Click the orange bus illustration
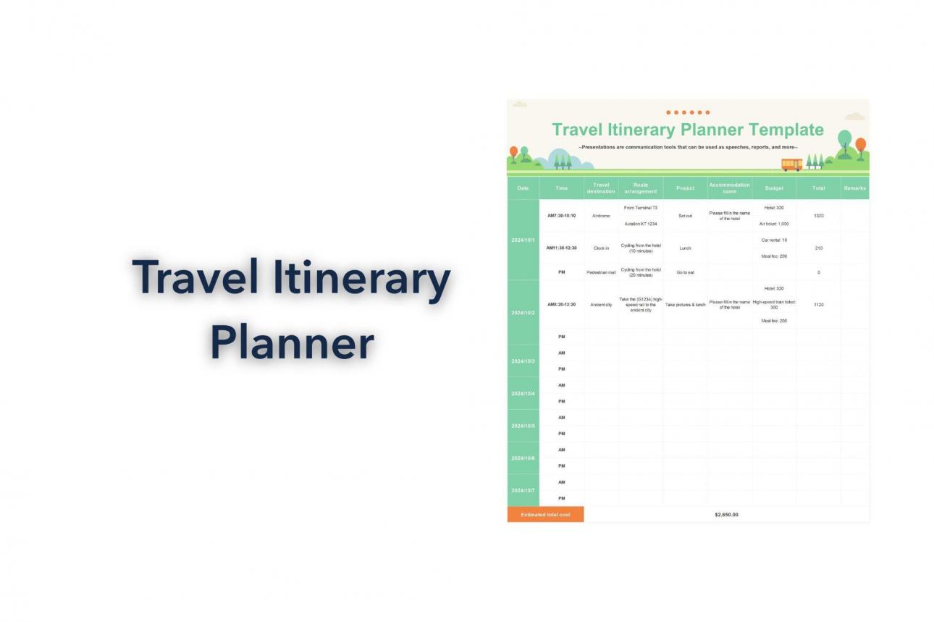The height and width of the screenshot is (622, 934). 791,164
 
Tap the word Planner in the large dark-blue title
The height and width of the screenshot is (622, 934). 292,343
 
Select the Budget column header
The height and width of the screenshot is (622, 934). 774,188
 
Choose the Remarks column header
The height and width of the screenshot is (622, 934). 854,188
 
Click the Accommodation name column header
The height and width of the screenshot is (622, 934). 729,188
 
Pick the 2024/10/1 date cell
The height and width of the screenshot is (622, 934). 523,240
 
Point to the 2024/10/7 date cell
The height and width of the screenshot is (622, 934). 523,490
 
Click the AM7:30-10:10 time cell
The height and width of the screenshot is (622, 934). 561,216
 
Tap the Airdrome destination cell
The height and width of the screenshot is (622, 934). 601,216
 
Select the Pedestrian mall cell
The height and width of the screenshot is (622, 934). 601,272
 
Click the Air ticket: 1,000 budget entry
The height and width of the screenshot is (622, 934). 774,224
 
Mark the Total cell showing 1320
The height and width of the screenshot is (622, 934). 818,216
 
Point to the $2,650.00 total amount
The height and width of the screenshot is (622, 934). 726,515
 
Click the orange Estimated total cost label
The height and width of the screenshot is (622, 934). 545,515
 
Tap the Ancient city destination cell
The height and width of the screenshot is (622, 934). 601,305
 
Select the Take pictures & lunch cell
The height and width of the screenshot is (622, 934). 685,305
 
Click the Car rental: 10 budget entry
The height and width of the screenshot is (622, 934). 774,240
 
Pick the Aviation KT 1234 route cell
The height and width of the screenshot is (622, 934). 641,224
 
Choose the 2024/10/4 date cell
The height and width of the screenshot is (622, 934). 523,393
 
